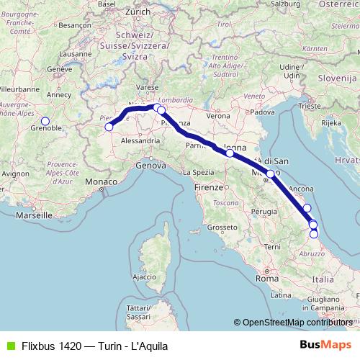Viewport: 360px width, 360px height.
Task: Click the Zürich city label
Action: [137, 12]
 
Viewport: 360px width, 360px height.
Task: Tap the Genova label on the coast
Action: [151, 165]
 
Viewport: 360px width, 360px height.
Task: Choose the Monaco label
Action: [100, 183]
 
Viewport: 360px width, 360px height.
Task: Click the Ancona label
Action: [300, 189]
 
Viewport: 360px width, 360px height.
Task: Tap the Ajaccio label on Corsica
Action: [144, 276]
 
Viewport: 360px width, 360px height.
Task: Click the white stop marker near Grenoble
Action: [45, 122]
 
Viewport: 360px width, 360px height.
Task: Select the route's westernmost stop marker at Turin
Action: [109, 127]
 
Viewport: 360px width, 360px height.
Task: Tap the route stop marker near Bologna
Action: [230, 153]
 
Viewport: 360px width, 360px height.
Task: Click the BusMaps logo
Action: [330, 346]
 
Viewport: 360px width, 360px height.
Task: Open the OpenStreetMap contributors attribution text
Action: [297, 323]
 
